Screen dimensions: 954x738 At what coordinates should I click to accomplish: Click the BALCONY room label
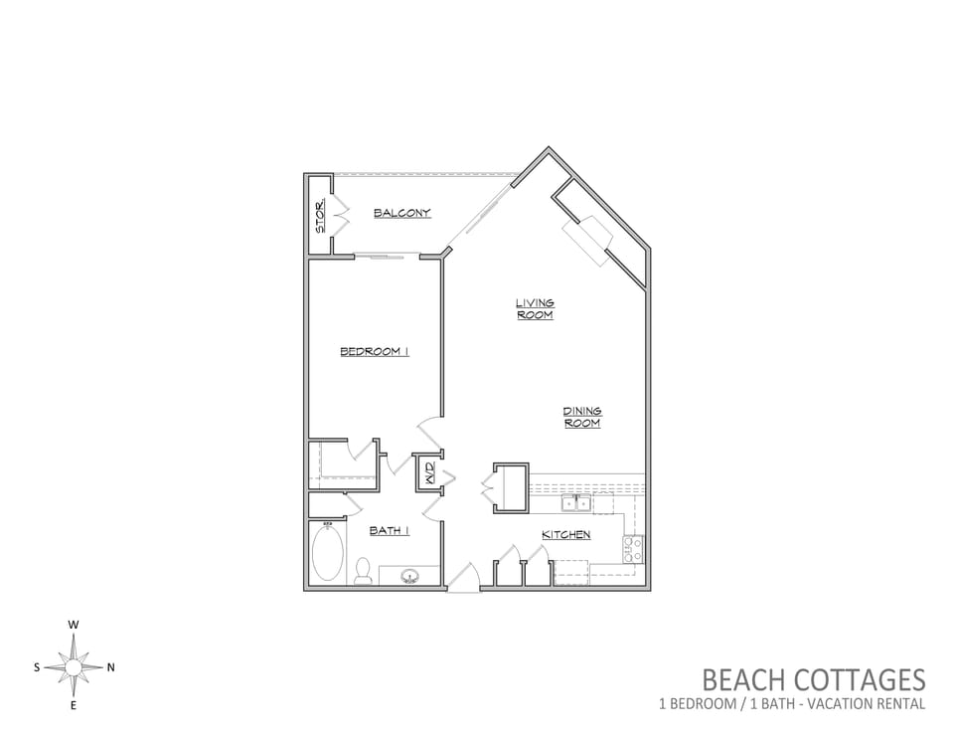point(402,213)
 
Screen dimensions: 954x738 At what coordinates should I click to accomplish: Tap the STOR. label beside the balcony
point(320,216)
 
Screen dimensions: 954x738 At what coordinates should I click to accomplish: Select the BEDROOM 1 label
point(375,351)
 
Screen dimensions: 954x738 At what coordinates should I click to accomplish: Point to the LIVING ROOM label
point(535,308)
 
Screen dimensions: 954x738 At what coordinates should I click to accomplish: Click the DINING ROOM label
point(582,417)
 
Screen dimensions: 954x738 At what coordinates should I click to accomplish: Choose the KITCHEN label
point(566,535)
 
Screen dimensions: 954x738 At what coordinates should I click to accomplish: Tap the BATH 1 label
point(390,531)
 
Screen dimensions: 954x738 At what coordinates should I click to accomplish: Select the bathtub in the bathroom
point(328,553)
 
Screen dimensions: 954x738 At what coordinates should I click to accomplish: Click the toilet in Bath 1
point(364,571)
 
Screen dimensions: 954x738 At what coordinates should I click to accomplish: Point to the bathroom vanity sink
point(409,576)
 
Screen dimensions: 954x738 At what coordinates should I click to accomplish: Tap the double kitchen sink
point(576,504)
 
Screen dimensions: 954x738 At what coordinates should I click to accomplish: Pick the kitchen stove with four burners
point(632,549)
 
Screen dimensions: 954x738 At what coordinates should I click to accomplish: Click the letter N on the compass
point(110,667)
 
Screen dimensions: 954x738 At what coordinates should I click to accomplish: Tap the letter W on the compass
point(73,625)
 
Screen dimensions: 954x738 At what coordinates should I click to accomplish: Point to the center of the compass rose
point(73,668)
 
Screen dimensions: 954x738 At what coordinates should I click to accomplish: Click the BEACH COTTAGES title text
point(814,679)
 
